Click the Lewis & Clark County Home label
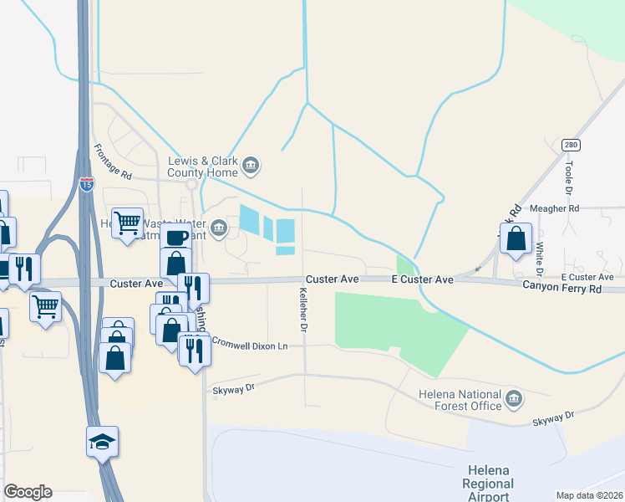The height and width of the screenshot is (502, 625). click(203, 167)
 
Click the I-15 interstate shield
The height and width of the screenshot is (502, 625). click(87, 184)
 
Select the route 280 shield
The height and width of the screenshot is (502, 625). click(571, 146)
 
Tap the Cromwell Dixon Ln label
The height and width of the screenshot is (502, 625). click(249, 343)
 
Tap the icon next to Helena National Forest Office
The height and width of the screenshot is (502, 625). click(514, 397)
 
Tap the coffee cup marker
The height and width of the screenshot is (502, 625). click(175, 238)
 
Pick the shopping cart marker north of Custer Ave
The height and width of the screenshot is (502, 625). click(128, 223)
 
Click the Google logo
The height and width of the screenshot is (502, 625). click(28, 492)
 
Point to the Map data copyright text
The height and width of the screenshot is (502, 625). click(590, 495)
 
